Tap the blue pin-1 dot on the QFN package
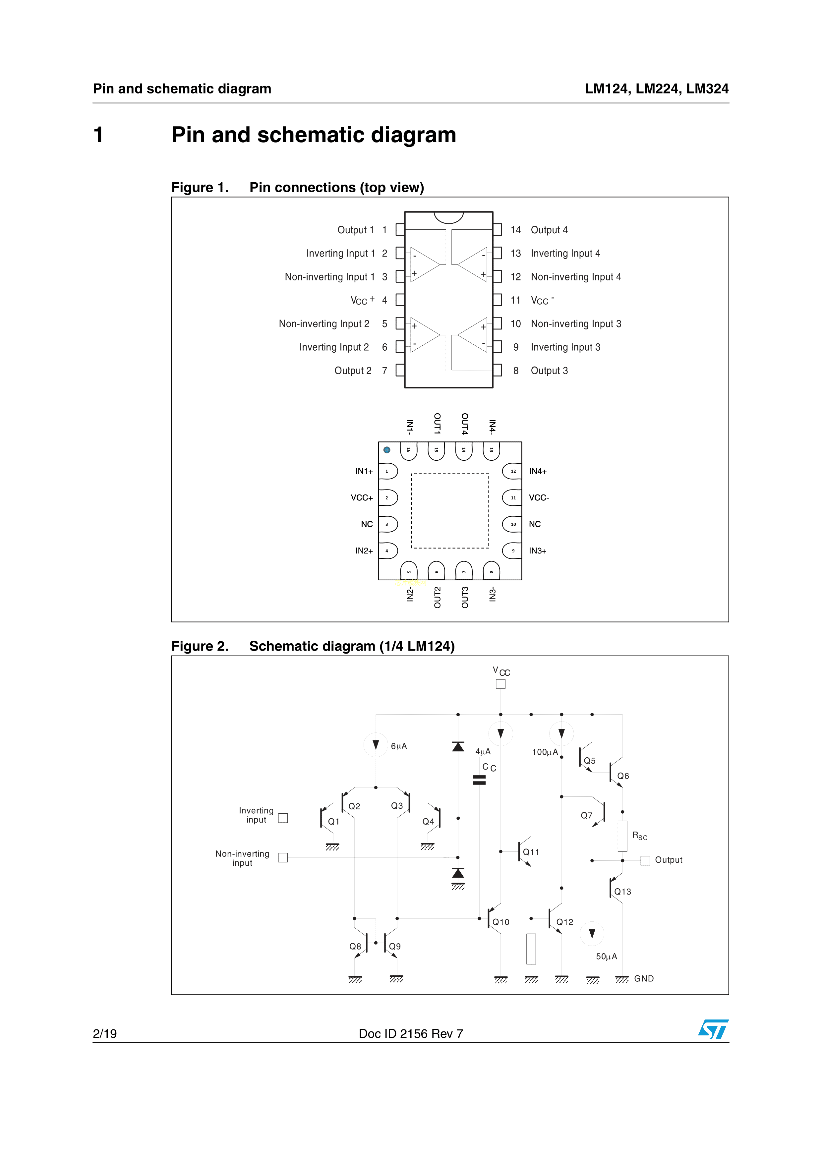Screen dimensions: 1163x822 [387, 450]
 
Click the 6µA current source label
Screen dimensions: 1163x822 [399, 746]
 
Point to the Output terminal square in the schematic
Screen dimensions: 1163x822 [645, 861]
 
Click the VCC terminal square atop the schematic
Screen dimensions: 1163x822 [500, 684]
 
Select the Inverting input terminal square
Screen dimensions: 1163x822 [283, 818]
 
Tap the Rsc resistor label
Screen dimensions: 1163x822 [639, 836]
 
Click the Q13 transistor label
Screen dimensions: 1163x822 [622, 892]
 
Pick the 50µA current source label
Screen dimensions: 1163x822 [606, 956]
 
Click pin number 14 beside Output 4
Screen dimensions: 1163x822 [516, 230]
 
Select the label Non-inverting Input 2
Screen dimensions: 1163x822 [324, 324]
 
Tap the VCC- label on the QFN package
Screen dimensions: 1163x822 [539, 498]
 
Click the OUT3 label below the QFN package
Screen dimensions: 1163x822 [464, 597]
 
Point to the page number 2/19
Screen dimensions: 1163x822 [105, 1034]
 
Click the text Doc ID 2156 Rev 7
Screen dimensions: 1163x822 [411, 1034]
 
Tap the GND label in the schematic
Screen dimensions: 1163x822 [644, 979]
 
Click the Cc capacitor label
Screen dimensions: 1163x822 [489, 767]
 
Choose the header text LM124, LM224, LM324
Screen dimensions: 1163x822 [656, 88]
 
